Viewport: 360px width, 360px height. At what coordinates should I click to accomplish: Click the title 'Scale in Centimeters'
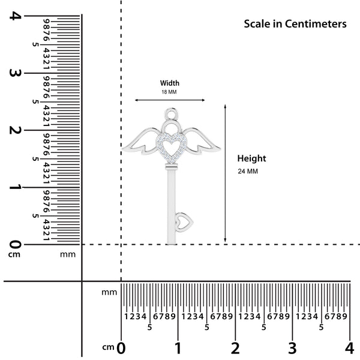295,24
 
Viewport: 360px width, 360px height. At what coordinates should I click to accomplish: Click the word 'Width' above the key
169,83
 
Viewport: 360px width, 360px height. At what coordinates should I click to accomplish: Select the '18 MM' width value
169,92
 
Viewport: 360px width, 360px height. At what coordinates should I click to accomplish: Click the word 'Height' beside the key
251,158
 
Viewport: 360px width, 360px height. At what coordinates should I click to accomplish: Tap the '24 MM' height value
248,172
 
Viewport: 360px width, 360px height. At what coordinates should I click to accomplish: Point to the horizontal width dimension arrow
170,100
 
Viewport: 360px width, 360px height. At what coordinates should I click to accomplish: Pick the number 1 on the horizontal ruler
178,347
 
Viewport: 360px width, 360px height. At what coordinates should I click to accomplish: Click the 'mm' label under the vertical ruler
68,254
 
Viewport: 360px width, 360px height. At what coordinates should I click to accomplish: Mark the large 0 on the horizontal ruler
121,347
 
